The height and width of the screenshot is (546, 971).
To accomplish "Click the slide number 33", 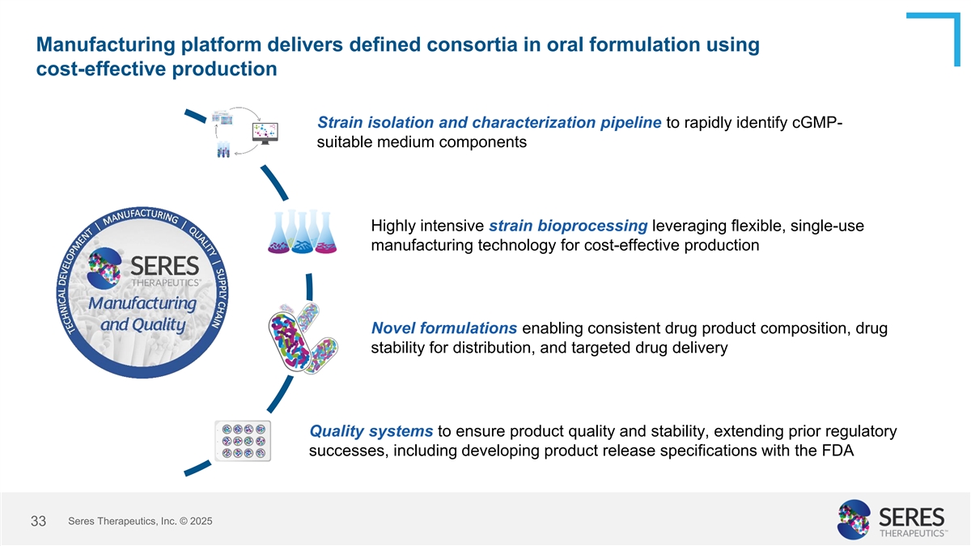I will coord(37,523).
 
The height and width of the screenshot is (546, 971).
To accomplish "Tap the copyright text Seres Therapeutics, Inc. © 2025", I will coord(141,522).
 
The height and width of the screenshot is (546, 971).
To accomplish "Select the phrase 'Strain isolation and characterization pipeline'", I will coord(490,123).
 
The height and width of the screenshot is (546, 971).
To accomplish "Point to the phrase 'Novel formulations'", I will coord(444,328).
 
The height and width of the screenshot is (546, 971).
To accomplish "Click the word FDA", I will coord(837,451).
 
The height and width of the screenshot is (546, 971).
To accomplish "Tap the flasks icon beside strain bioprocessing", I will coord(302,232).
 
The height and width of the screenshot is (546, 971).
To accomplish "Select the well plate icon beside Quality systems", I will coord(243,441).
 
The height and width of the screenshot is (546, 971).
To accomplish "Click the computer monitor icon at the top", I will coord(265,133).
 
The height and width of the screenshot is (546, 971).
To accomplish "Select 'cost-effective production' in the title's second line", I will coord(157,70).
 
